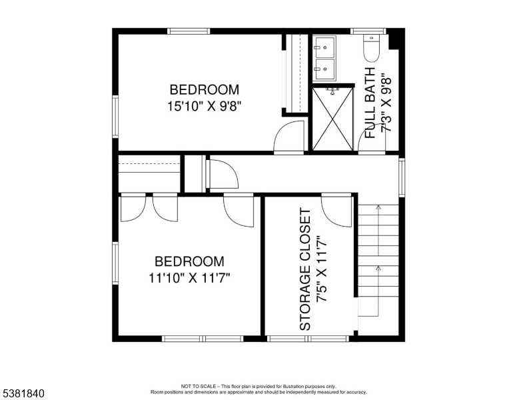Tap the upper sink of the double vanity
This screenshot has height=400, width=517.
[x=324, y=47]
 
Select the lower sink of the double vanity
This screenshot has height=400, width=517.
[x=324, y=69]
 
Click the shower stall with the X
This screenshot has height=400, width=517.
[x=332, y=119]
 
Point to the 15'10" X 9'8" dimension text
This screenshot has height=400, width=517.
[x=205, y=106]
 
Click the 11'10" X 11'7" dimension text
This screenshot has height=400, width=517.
[x=189, y=278]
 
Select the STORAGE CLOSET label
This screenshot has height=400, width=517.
[x=305, y=269]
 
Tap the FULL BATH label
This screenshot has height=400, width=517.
[x=370, y=103]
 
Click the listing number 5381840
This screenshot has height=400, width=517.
[x=23, y=393]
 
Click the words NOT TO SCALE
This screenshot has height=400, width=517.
[x=199, y=386]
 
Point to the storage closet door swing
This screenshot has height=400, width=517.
[x=336, y=211]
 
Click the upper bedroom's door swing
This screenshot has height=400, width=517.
[x=289, y=136]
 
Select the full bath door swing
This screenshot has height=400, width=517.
[x=372, y=138]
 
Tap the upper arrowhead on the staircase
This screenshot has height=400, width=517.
[x=378, y=207]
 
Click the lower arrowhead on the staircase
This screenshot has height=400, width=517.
[x=378, y=269]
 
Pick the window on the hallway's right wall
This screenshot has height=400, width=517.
[x=402, y=177]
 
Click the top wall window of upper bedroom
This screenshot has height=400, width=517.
[x=189, y=31]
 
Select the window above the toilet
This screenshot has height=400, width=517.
[x=368, y=31]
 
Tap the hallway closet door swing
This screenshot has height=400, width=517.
[x=222, y=174]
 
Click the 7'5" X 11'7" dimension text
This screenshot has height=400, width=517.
[x=322, y=269]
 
